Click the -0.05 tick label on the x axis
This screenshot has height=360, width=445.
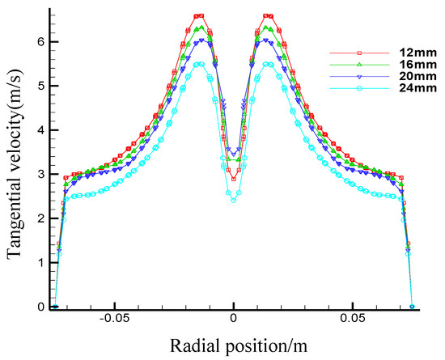click(x=114, y=320)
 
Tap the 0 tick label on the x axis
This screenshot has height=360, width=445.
click(x=234, y=320)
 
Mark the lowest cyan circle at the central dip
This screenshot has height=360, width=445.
click(x=234, y=200)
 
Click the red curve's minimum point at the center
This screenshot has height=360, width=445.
click(x=234, y=178)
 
